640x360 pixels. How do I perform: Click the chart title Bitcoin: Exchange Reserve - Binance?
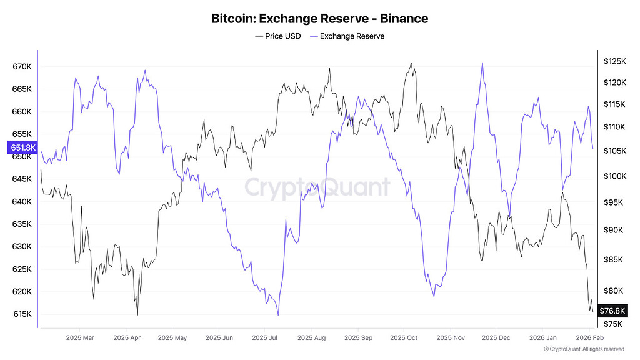point(320,18)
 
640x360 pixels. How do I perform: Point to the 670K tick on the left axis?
point(22,67)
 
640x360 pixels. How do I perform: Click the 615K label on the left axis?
point(22,314)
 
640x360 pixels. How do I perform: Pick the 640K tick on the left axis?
point(22,202)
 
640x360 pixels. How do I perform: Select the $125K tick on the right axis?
point(614,61)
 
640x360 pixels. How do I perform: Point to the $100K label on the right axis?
point(614,176)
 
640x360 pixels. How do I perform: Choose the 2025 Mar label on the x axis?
point(79,338)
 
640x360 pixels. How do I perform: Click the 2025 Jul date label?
point(264,338)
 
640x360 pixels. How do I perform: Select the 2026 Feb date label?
point(589,338)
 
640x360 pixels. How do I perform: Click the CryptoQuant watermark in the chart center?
point(317,187)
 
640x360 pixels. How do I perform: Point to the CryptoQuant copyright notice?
point(584,349)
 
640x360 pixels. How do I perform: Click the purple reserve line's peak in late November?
point(482,62)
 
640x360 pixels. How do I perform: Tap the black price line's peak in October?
point(411,62)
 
